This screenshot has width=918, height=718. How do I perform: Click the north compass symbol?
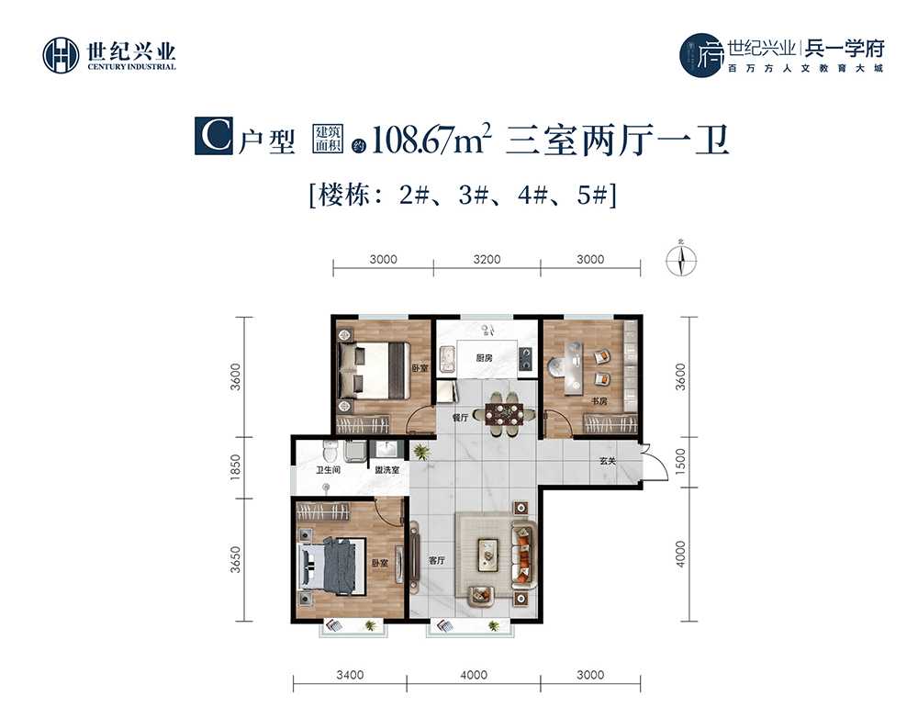click(681, 260)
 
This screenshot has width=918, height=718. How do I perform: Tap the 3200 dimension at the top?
click(487, 259)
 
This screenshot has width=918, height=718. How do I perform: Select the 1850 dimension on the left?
click(235, 467)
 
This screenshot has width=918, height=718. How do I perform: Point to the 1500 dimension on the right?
click(680, 462)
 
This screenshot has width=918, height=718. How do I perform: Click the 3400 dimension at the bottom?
click(350, 675)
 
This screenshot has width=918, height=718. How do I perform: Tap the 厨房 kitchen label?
click(484, 358)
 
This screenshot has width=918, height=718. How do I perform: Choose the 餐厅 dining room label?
click(461, 418)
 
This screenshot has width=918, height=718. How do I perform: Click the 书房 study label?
click(599, 401)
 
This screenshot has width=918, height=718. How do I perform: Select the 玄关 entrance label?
click(608, 461)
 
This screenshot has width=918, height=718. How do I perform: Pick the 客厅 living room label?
click(437, 560)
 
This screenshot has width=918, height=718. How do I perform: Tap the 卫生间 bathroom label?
click(328, 470)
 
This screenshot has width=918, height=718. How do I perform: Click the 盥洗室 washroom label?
click(387, 470)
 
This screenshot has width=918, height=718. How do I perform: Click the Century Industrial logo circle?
click(61, 56)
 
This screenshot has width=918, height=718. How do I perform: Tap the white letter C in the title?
click(214, 136)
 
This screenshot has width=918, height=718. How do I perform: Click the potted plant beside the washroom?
click(420, 452)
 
